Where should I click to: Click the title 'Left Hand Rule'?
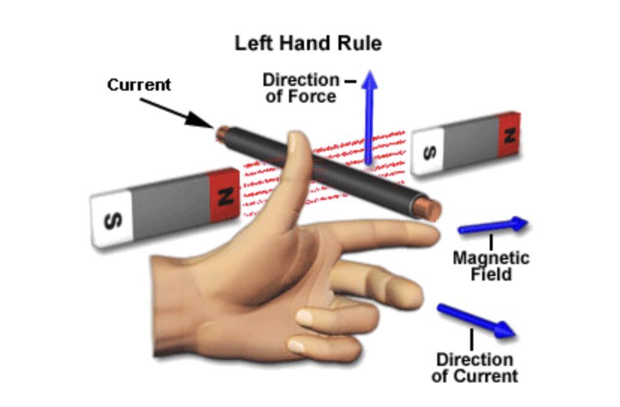308,43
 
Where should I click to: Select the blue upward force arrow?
368,112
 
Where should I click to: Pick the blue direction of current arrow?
476,319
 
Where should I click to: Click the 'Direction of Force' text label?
300,88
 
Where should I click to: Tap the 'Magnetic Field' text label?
490,266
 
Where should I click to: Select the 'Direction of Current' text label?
475,367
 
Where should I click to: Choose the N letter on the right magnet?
509,135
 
